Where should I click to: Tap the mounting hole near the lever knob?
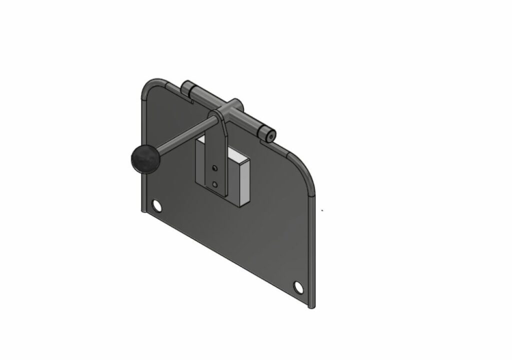(156, 205)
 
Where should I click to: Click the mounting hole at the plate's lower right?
(298, 287)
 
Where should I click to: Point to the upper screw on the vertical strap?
(215, 167)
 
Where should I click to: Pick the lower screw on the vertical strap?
(215, 184)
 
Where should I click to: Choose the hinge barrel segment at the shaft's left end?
(187, 89)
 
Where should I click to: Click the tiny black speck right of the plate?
(322, 210)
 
